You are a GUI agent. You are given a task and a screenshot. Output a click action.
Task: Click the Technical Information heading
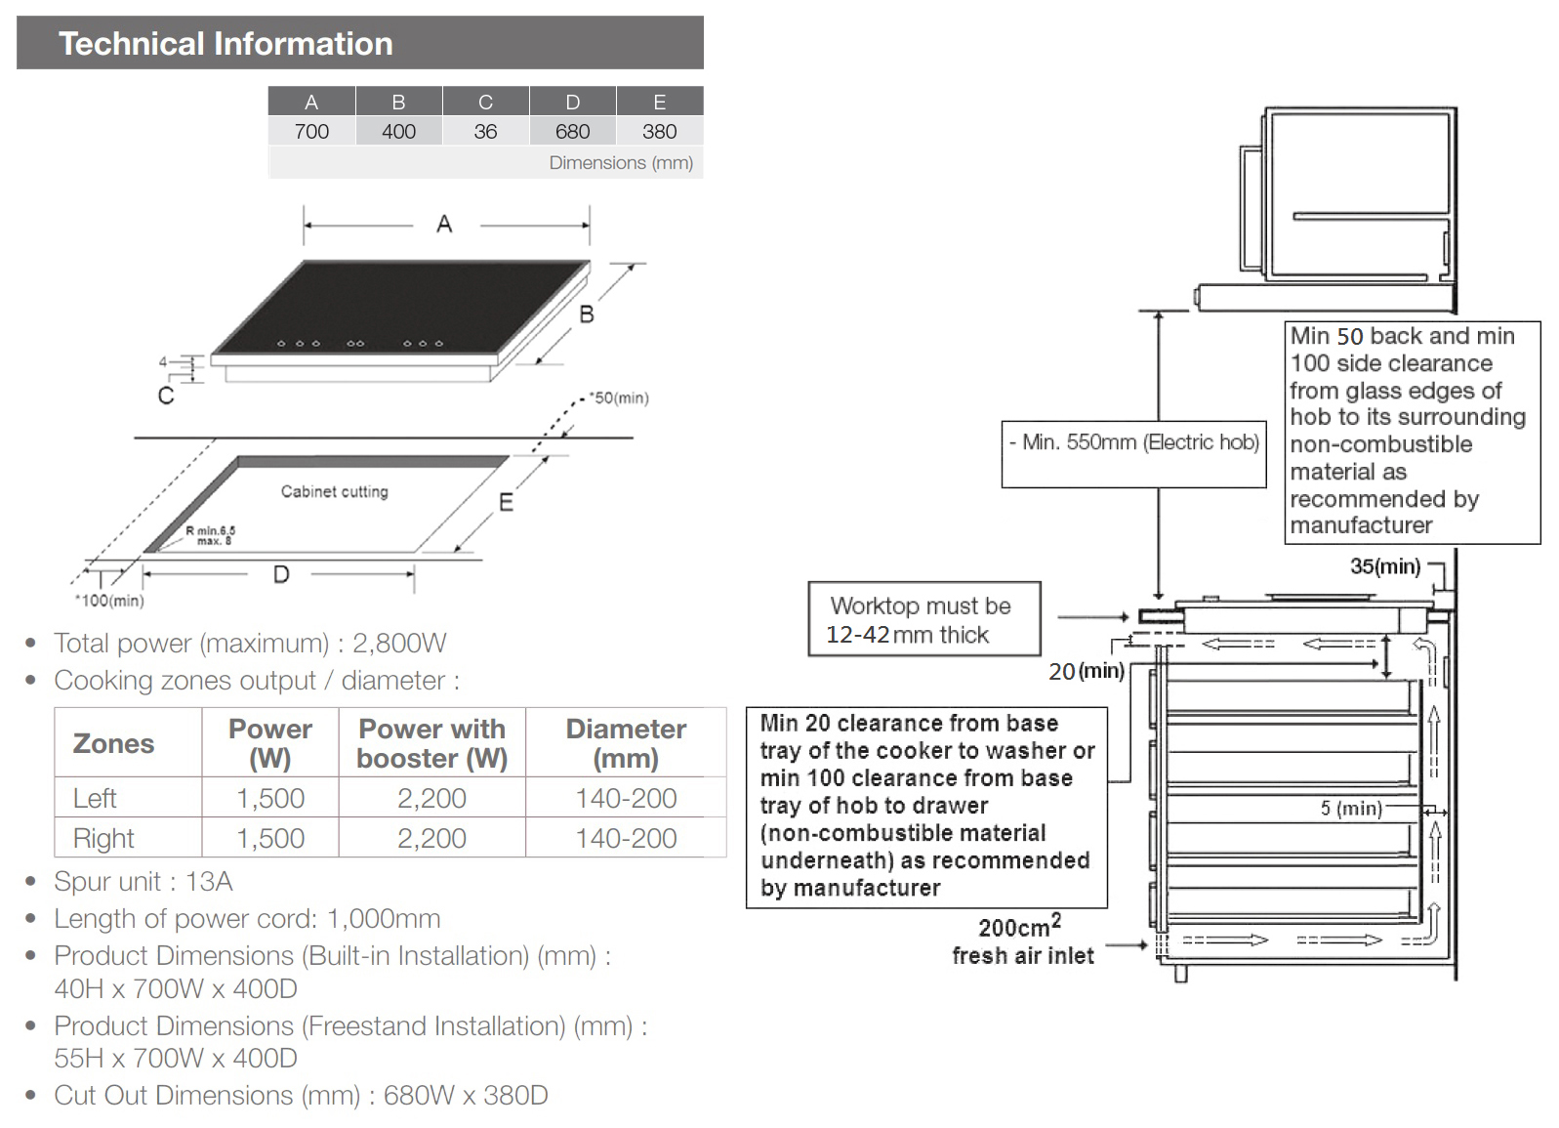pos(226,44)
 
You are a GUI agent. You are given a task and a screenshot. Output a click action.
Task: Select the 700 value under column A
pos(311,132)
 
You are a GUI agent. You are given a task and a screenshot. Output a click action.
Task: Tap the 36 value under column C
pos(485,132)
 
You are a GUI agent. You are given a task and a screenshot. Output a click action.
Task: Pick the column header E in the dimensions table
pos(660,102)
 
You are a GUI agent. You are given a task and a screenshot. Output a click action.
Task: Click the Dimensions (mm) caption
pos(620,163)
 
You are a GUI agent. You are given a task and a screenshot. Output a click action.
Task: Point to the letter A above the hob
pos(444,225)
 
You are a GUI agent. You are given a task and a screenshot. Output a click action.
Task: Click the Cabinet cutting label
pos(335,491)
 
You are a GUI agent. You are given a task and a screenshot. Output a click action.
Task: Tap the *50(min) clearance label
pos(619,397)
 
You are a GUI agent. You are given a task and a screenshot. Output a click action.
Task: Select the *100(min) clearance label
pos(109,601)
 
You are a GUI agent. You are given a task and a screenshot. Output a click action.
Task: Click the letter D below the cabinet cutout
pos(281,574)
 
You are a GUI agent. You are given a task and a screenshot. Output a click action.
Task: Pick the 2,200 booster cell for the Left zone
pos(431,798)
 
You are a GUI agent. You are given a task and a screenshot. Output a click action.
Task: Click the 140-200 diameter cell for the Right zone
pos(626,838)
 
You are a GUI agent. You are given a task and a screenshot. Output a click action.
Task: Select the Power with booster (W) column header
pos(431,743)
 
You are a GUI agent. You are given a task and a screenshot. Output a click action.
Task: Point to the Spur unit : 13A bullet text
pos(144,881)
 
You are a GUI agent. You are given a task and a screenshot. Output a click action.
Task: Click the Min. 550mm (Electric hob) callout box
pos(1133,453)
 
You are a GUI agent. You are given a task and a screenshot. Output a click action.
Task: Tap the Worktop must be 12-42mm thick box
pos(923,619)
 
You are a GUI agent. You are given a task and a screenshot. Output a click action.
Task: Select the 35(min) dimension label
pos(1384,566)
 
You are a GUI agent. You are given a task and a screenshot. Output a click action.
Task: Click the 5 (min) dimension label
pos(1351,809)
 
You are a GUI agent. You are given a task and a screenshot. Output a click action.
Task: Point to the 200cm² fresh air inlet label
pos(1022,941)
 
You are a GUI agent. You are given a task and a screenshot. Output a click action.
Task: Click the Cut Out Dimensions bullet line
pos(301,1095)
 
